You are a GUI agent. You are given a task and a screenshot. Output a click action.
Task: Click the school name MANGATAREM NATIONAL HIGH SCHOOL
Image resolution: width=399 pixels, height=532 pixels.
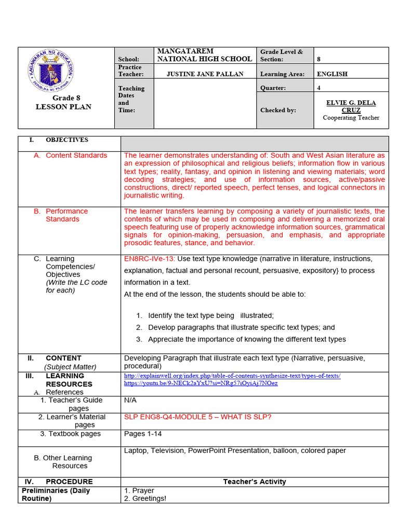[204, 55]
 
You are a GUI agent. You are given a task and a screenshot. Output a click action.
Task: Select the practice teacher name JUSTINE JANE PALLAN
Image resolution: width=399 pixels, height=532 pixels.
[205, 74]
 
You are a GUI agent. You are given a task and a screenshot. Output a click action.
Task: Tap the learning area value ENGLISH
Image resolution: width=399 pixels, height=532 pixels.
[332, 74]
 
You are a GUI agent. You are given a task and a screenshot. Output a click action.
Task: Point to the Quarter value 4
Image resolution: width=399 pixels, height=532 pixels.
[319, 88]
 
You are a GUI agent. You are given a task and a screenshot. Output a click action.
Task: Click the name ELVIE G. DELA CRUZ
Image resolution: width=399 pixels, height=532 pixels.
[351, 107]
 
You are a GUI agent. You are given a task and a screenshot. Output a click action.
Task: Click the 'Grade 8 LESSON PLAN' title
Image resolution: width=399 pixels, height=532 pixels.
[63, 102]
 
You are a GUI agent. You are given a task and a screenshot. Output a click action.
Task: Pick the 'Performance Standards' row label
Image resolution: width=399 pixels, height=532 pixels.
[66, 215]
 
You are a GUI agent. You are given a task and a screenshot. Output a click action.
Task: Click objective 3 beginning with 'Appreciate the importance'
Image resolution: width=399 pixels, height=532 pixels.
[247, 339]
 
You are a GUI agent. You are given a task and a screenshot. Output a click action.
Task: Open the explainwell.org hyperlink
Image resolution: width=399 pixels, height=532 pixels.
[232, 376]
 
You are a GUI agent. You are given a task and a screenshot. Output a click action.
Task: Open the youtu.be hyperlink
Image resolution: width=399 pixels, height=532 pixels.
[201, 383]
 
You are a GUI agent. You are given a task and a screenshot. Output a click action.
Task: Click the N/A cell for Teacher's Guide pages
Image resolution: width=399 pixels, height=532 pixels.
[130, 401]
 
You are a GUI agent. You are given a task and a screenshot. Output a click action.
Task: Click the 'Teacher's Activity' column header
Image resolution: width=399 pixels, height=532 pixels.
[254, 482]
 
